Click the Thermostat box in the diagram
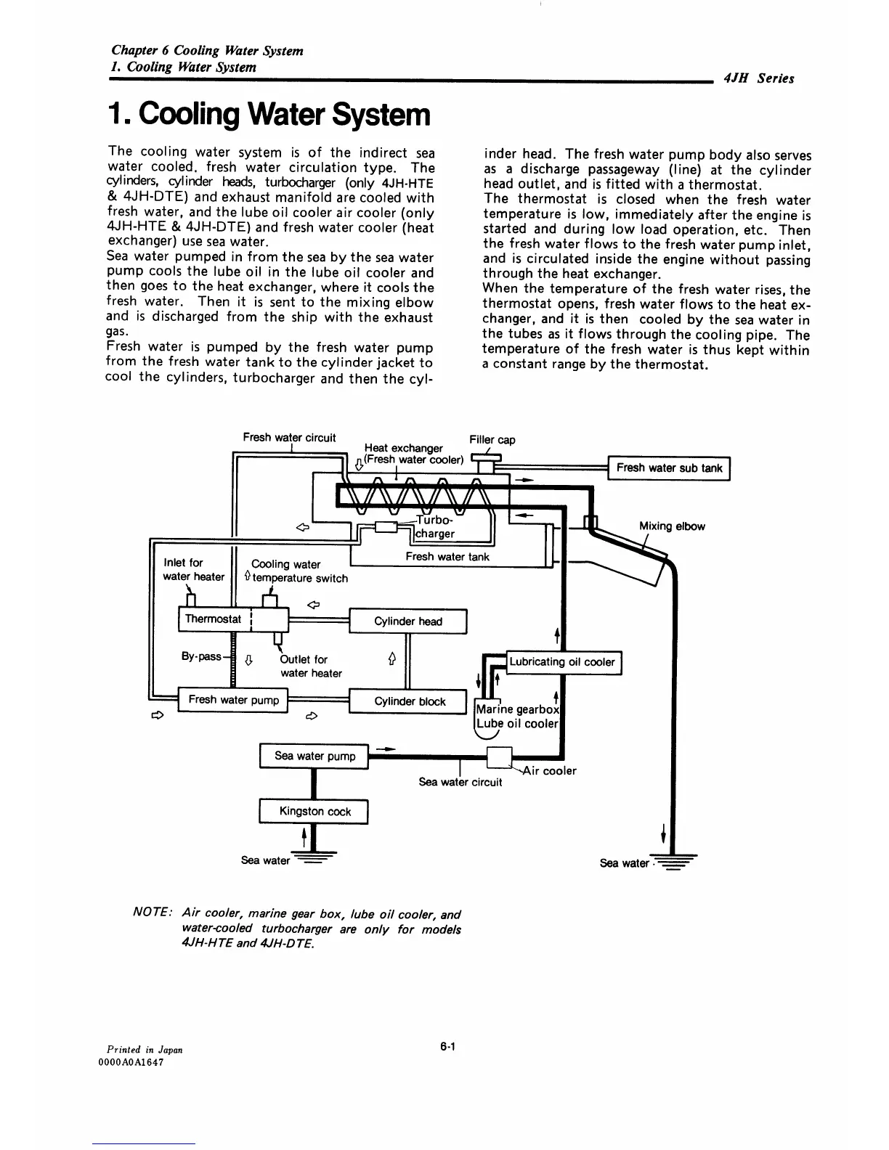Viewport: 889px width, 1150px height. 213,619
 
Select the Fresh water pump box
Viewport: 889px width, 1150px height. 233,700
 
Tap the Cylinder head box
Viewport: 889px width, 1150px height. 407,621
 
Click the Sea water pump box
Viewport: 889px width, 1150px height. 314,757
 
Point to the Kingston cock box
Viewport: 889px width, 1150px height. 314,812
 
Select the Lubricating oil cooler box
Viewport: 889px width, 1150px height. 562,662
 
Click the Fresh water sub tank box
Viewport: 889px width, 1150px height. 669,468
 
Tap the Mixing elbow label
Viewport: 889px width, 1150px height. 672,526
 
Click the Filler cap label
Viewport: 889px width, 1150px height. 492,440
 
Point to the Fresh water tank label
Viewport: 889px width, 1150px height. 447,557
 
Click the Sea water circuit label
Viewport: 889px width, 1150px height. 460,783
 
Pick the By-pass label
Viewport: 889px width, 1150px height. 201,656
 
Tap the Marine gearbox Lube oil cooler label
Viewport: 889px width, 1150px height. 517,717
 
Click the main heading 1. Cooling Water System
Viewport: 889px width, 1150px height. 269,115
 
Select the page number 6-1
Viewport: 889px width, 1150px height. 447,1047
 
